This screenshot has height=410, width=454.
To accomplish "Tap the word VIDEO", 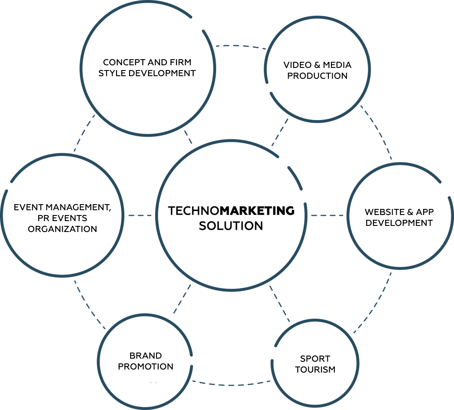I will pyautogui.click(x=297, y=65).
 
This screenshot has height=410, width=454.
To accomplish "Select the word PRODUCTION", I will pyautogui.click(x=317, y=76).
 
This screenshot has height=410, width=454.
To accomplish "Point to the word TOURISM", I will pyautogui.click(x=315, y=370).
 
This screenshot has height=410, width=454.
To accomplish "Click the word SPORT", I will pyautogui.click(x=315, y=359).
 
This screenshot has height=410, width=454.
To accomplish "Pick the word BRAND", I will pyautogui.click(x=146, y=356).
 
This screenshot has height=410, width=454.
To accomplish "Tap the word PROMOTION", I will pyautogui.click(x=146, y=366).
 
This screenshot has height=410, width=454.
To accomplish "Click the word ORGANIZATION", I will pyautogui.click(x=62, y=229).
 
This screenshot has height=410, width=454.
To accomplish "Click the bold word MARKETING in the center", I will pyautogui.click(x=257, y=211).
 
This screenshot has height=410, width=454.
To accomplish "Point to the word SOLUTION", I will pyautogui.click(x=231, y=226).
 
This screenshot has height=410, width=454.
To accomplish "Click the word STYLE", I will pyautogui.click(x=110, y=73).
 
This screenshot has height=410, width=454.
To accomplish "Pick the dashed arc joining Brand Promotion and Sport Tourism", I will pyautogui.click(x=230, y=385).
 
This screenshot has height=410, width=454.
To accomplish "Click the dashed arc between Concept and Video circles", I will pyautogui.click(x=240, y=45).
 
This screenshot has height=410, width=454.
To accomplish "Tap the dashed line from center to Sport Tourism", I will pyautogui.click(x=280, y=304).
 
